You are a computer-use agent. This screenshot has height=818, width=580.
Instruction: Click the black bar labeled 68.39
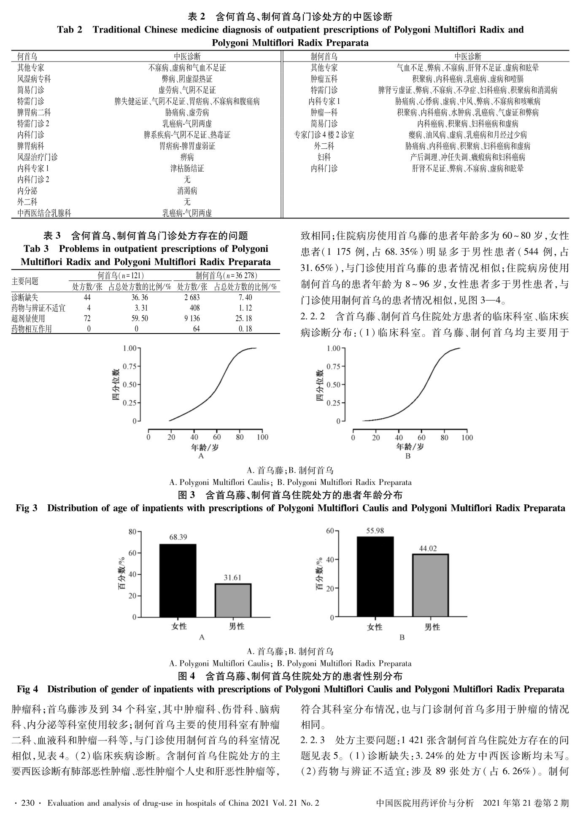tap(178, 580)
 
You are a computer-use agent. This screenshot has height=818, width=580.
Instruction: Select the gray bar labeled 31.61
tap(233, 600)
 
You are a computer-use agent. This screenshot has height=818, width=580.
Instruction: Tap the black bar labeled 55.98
tap(375, 576)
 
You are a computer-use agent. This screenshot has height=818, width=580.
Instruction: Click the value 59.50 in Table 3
tap(140, 318)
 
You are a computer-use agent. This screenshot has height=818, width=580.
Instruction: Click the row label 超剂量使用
tap(28, 318)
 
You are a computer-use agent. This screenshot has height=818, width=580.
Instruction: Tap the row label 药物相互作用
tap(32, 329)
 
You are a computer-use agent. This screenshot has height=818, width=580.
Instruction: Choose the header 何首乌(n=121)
tap(121, 276)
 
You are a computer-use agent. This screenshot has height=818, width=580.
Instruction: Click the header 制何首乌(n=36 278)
tap(226, 276)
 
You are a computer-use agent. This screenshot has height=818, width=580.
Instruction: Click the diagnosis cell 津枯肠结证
tap(187, 168)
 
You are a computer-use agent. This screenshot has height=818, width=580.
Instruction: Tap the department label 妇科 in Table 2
tap(324, 157)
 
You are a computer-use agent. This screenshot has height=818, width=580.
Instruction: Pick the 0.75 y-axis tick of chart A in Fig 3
tap(129, 366)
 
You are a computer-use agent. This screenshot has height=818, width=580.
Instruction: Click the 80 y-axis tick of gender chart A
tap(132, 532)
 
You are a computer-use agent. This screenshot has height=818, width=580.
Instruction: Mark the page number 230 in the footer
tap(27, 803)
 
